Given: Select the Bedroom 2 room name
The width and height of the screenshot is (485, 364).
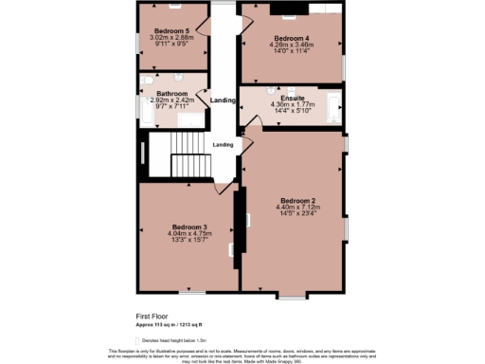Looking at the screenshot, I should coord(296,201).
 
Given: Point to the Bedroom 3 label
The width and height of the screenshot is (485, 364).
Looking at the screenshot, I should coord(187,227).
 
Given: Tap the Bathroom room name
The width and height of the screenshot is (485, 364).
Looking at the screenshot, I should coord(172,93).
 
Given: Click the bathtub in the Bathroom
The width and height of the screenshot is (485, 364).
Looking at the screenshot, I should coord(143,109).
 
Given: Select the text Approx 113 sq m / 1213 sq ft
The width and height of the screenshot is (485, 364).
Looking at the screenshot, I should coord(174,324).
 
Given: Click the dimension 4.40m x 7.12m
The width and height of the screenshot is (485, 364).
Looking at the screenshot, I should coord(296,208).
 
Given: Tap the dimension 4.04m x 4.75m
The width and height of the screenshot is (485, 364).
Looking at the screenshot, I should coord(187,233).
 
